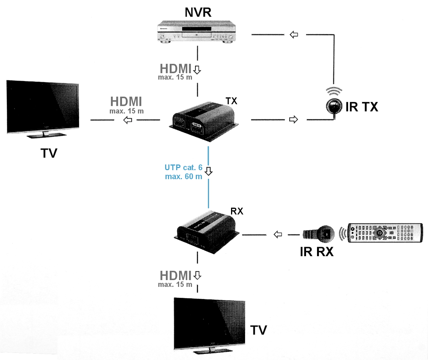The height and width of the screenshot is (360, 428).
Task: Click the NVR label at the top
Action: tap(198, 12)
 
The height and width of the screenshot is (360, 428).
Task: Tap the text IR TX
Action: tap(362, 107)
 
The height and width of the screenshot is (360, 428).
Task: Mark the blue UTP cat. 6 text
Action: tap(183, 167)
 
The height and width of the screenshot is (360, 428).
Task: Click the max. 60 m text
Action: tap(183, 176)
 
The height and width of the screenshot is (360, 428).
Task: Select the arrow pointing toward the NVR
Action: tap(294, 34)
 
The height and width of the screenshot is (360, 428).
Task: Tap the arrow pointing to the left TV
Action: tap(128, 120)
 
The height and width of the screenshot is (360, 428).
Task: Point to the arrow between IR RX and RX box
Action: tap(278, 235)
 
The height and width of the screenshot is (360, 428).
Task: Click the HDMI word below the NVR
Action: tap(176, 69)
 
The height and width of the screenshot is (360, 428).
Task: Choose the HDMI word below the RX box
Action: tap(176, 275)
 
